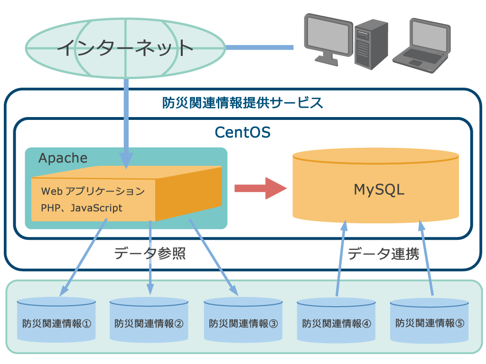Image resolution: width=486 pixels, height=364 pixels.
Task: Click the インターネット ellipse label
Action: pyautogui.click(x=125, y=47)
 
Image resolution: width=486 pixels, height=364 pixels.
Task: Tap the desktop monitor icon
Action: pyautogui.click(x=327, y=38)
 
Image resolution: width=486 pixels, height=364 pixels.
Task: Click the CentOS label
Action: pyautogui.click(x=243, y=131)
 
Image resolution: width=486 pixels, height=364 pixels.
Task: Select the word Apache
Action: pyautogui.click(x=63, y=158)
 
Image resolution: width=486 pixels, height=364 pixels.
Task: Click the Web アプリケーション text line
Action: pyautogui.click(x=93, y=191)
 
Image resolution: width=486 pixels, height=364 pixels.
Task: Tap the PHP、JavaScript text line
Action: pyautogui.click(x=82, y=208)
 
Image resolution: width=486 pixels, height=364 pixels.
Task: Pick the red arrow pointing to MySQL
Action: pyautogui.click(x=261, y=188)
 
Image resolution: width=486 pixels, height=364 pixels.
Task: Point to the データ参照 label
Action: pyautogui.click(x=150, y=254)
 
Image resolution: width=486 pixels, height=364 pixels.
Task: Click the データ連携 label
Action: pyautogui.click(x=383, y=254)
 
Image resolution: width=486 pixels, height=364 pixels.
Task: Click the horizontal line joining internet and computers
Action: pyautogui.click(x=259, y=47)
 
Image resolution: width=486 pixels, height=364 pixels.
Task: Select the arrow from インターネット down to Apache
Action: pyautogui.click(x=126, y=123)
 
